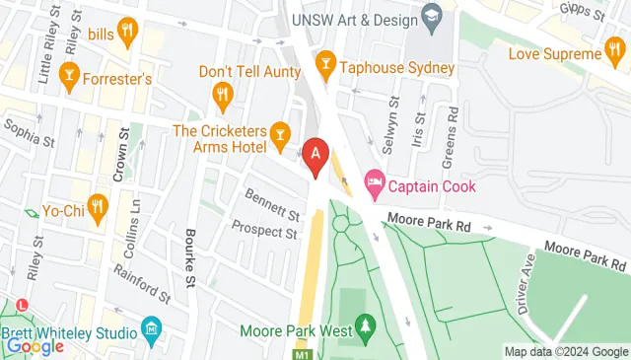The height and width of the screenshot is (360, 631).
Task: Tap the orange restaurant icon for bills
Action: (126, 35)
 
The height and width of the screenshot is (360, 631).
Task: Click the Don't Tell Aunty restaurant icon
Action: (222, 95)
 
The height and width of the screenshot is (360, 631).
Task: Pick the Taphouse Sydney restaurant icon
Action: (324, 67)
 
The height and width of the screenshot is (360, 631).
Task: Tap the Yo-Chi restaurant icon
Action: (96, 207)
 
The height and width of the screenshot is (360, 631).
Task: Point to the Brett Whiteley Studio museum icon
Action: (151, 326)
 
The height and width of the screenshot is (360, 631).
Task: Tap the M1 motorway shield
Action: (302, 352)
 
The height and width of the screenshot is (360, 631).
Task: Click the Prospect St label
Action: (264, 230)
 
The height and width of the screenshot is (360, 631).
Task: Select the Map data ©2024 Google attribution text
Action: (566, 351)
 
